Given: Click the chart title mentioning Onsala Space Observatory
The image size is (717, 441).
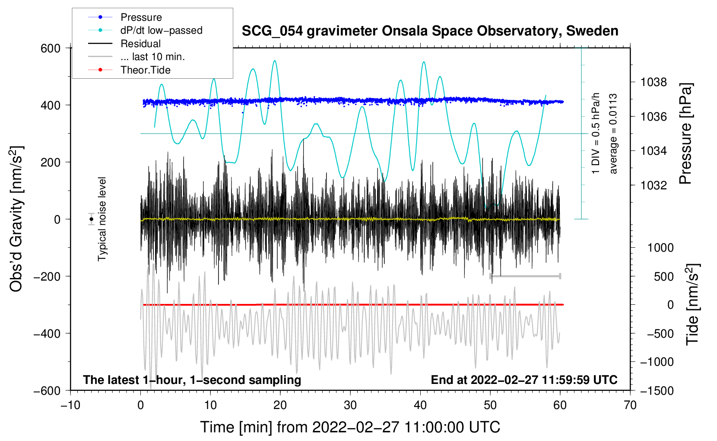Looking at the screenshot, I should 430,31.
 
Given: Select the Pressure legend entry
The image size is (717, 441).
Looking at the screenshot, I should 141,17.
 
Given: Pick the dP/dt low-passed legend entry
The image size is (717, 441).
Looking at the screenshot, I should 161,30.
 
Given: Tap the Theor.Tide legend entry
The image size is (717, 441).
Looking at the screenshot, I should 145,70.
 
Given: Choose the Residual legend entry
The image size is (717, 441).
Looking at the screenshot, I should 140,44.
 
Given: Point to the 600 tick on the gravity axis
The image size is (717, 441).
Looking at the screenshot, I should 51,48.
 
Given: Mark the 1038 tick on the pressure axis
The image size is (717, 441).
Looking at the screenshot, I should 654,82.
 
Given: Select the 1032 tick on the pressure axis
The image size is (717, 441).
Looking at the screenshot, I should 654,185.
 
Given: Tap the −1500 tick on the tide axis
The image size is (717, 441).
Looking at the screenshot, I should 657,390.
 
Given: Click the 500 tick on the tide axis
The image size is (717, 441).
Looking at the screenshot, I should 663,276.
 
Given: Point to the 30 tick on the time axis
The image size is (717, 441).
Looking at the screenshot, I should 350,405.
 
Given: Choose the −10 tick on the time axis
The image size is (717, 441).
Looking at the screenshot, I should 70,405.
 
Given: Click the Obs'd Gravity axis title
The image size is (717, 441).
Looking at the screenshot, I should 16,219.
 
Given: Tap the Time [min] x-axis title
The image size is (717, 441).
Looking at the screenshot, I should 350,427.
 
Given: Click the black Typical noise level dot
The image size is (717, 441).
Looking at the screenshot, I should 91,219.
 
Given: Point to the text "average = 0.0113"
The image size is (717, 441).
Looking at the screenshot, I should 613,134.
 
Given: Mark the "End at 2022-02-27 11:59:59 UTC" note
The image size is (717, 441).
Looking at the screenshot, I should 524,380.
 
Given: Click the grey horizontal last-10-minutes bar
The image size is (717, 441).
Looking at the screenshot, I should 525,276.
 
